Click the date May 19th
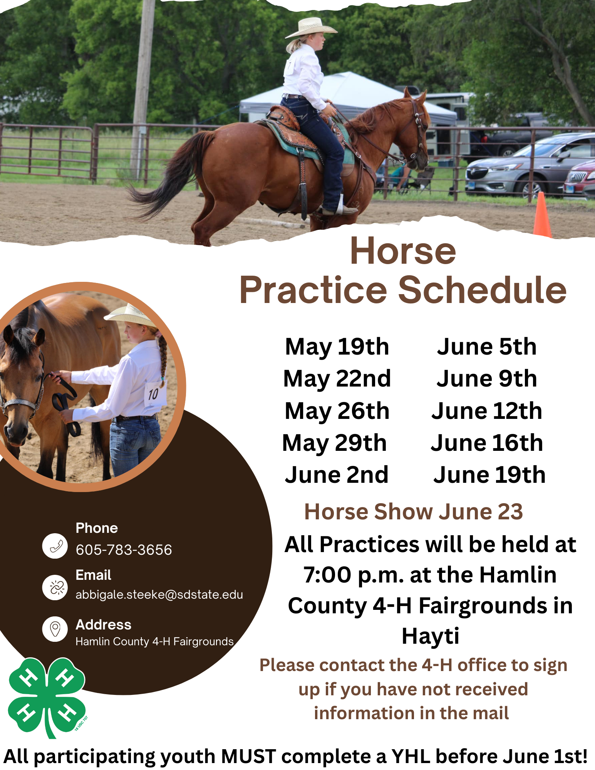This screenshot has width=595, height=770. [x=337, y=347]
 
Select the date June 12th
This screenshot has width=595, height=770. [x=487, y=411]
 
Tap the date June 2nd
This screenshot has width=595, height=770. [x=337, y=475]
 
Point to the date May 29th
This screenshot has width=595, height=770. [x=334, y=443]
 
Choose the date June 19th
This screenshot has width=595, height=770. [x=489, y=475]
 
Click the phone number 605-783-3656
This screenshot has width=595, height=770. [x=124, y=550]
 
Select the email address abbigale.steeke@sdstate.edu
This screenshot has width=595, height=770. [x=159, y=595]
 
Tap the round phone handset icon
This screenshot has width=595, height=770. [x=55, y=546]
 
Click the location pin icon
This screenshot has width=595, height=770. [x=55, y=629]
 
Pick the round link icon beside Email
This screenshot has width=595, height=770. [x=55, y=588]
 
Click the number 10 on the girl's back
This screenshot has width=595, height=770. [x=153, y=394]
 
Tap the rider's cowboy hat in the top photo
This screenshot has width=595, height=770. [x=311, y=28]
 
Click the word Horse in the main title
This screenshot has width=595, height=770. [x=403, y=251]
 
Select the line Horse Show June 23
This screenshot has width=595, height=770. [x=414, y=512]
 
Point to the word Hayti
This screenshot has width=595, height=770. [x=431, y=636]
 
